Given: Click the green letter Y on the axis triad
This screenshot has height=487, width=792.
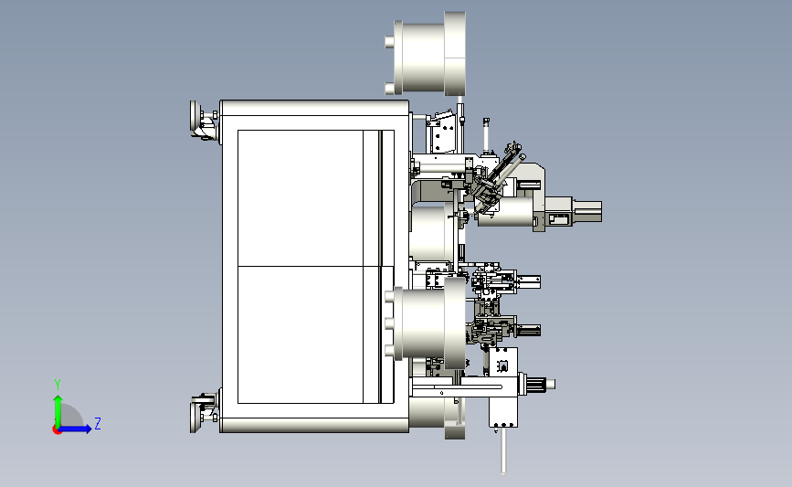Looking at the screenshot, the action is pyautogui.click(x=58, y=385).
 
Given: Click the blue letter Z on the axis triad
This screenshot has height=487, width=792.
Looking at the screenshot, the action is pyautogui.click(x=98, y=423).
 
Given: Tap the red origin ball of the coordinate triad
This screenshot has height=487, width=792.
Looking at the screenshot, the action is pyautogui.click(x=57, y=430).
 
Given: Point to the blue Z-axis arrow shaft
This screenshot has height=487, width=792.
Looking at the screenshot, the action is pyautogui.click(x=74, y=429).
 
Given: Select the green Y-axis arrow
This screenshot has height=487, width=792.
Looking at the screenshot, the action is pyautogui.click(x=58, y=412).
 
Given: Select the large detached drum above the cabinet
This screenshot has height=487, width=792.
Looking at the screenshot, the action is pyautogui.click(x=429, y=54).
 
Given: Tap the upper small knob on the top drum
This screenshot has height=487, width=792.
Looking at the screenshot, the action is pyautogui.click(x=389, y=42).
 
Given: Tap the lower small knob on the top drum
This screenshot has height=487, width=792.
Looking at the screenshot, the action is pyautogui.click(x=389, y=89).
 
